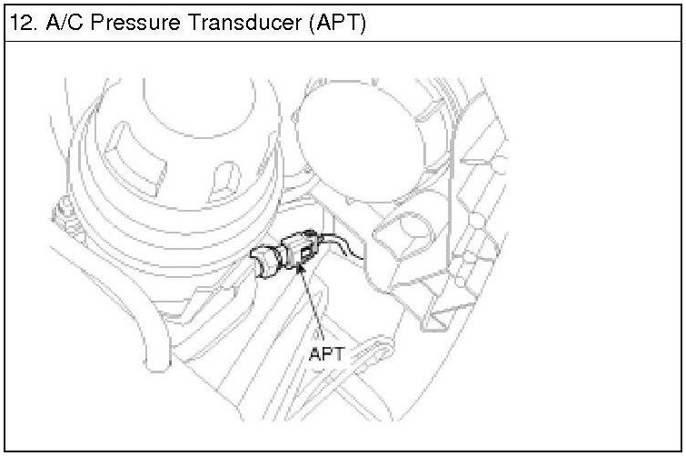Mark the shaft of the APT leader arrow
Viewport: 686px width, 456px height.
312,304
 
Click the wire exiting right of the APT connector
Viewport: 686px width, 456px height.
341,244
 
